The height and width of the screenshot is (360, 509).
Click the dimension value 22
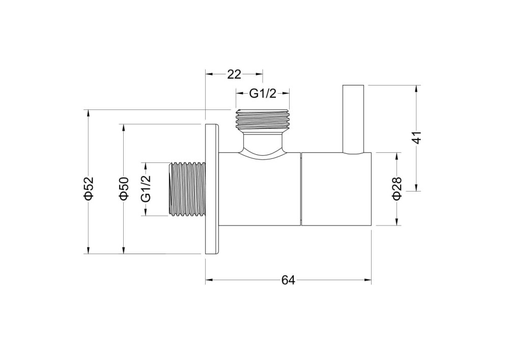(x=234, y=74)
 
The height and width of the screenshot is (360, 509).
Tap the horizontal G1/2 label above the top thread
(x=263, y=94)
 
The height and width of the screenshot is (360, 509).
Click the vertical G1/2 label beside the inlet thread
(x=146, y=188)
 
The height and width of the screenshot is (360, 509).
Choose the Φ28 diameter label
(x=397, y=188)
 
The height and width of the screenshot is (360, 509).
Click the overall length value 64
(x=288, y=280)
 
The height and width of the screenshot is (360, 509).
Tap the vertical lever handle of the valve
(x=354, y=119)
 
